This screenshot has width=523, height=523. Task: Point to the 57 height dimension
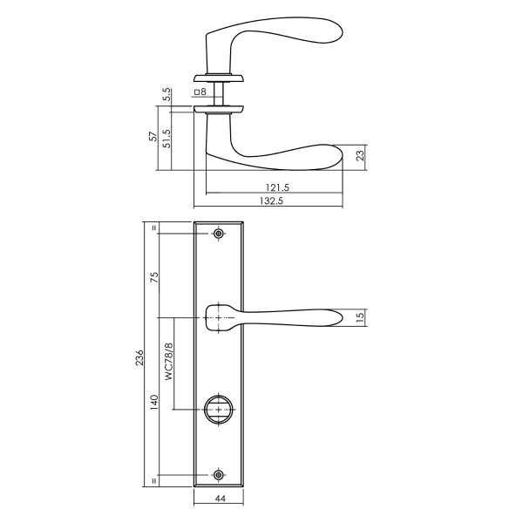[x=154, y=137]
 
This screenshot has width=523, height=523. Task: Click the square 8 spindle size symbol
[x=199, y=92]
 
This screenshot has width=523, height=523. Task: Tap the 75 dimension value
[x=154, y=277]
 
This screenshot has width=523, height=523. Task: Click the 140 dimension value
[x=154, y=404]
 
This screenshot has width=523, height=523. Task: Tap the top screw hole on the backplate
[x=218, y=234]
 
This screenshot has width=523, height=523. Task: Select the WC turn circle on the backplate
[x=218, y=408]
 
